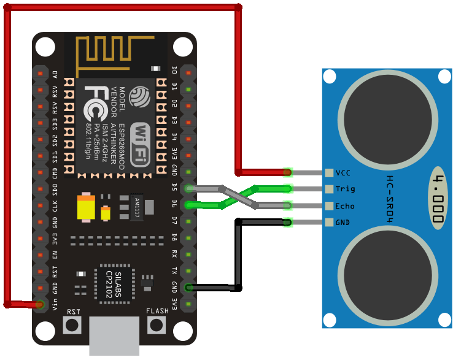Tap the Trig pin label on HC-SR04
[x=345, y=189]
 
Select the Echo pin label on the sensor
[x=345, y=206]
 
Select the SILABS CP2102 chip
[x=113, y=285]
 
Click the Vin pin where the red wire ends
[x=41, y=304]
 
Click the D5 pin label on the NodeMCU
[x=174, y=186]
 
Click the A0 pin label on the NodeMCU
[x=55, y=74]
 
